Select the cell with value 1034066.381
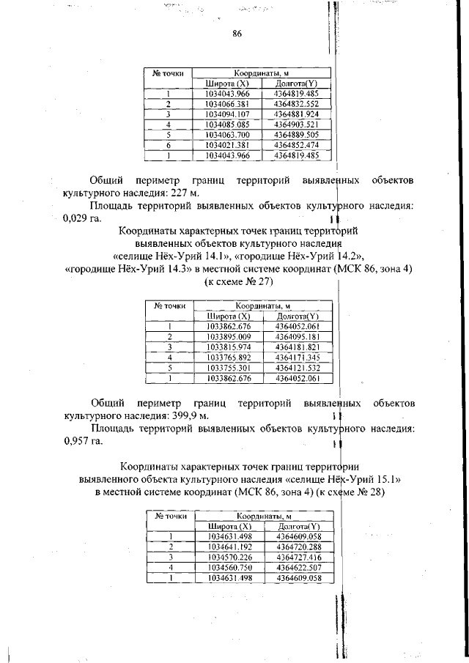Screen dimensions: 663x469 pos(228,104)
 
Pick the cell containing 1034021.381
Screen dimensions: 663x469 pos(228,145)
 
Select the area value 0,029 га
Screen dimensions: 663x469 pos(83,218)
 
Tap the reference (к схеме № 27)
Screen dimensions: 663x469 pos(239,282)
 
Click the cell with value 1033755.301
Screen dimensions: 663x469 pos(229,368)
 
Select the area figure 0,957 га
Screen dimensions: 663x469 pos(83,440)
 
